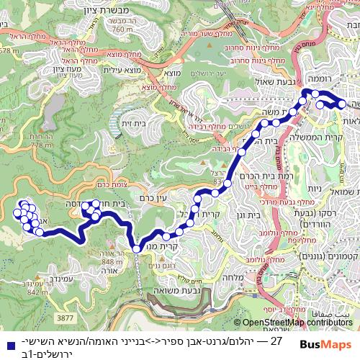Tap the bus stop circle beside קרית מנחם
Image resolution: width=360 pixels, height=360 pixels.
[137, 248]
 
